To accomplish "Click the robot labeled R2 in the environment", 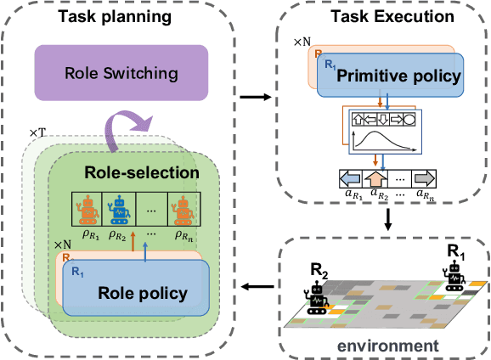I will click(x=318, y=293).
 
